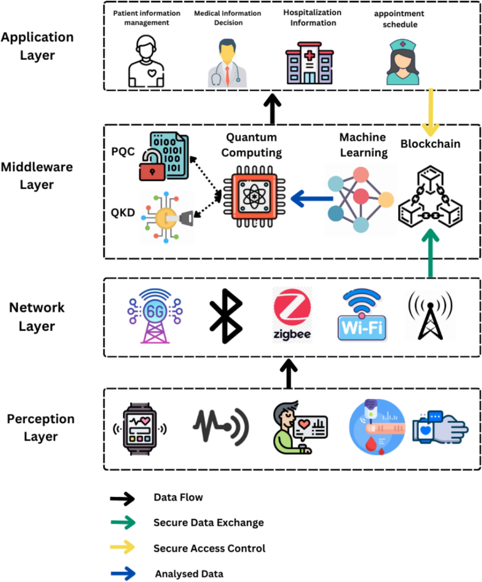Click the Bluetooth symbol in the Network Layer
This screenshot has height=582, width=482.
pos(226,316)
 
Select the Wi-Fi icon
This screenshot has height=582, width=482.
pos(362,316)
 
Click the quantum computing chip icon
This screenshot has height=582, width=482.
pos(254,197)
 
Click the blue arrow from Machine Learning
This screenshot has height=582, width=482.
pos(311,198)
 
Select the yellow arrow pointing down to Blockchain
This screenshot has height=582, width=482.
pos(431,112)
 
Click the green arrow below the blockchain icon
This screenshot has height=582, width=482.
pos(430,253)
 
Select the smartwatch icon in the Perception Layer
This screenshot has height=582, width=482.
pos(140,429)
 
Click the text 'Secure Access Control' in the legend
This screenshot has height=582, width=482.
pos(209,548)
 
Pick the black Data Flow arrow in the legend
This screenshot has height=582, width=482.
pos(123,498)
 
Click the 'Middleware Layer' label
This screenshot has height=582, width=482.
pos(37,176)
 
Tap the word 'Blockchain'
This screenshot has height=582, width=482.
pos(430,144)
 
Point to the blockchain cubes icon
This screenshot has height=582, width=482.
pos(430,197)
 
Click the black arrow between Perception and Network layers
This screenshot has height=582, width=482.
pos(288,374)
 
